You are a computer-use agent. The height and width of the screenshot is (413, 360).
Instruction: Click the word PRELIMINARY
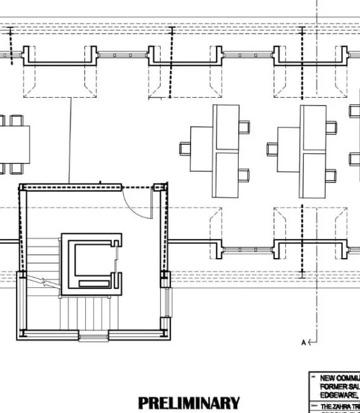click(x=189, y=403)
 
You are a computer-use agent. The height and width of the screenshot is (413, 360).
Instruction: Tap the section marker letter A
click(x=303, y=342)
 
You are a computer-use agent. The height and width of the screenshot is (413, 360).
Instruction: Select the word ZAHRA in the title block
click(x=343, y=406)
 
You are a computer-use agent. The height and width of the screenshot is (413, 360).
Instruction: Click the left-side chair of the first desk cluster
click(x=185, y=149)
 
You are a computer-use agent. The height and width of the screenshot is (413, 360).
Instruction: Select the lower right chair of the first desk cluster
click(x=244, y=173)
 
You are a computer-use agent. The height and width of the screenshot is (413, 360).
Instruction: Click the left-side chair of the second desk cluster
click(x=273, y=149)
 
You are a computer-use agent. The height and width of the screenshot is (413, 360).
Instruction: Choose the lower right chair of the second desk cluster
click(x=331, y=173)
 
